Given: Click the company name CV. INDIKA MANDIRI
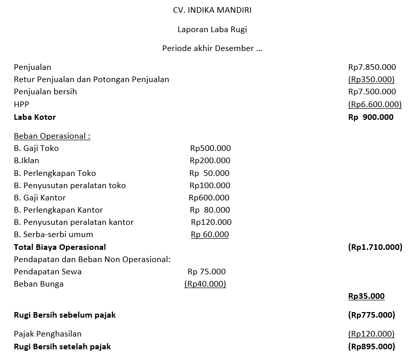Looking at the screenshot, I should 212,10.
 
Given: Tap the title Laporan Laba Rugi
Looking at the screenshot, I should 212,29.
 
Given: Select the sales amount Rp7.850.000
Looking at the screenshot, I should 372,67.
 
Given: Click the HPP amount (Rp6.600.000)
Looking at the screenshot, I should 375,104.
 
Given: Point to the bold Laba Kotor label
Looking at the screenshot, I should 35,117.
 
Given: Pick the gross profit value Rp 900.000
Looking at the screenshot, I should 371,117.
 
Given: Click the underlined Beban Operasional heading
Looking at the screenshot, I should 52,136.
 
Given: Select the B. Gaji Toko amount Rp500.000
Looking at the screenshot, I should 210,148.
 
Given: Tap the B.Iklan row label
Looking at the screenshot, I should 27,161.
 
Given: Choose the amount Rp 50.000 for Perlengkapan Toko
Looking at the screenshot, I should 210,173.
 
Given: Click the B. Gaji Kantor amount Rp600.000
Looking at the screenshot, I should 209,197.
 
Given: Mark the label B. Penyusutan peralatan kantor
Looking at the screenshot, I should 74,222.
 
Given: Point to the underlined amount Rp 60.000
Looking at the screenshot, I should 210,235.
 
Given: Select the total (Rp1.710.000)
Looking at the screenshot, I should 375,247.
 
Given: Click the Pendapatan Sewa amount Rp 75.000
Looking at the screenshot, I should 207,271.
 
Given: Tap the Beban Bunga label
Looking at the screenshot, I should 39,284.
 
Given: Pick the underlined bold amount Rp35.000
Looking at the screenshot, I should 366,296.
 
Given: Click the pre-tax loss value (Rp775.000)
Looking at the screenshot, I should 371,315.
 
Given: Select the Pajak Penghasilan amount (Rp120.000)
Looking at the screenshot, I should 371,334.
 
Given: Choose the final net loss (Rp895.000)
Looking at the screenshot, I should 371,346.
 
